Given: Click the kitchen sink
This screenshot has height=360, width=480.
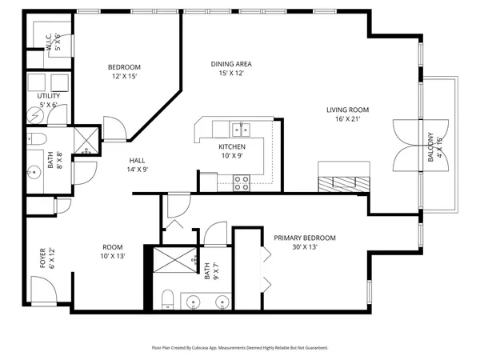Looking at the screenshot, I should coord(238,128).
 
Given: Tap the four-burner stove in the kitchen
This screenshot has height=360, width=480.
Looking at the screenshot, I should coord(240,183).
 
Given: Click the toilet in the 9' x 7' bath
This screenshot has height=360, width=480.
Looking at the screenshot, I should coord(166,299).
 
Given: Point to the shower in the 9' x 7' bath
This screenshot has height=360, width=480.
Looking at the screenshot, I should coord(170,261).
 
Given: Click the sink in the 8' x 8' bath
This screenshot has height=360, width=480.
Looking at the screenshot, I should coord(33,170).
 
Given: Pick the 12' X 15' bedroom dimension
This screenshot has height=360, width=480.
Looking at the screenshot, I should coord(125,76).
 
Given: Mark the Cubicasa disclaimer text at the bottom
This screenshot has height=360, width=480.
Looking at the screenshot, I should coord(239,348).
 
